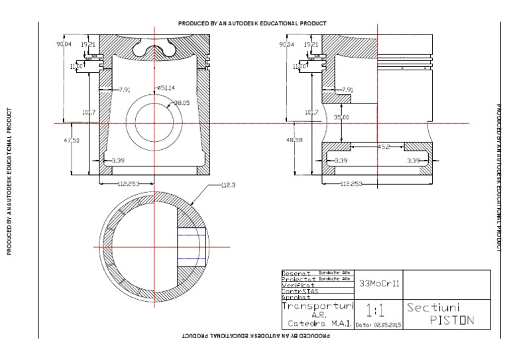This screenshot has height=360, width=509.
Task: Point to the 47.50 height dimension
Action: (72, 141)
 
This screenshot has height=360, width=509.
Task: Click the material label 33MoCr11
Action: (378, 283)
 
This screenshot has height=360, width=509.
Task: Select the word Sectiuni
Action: (433, 308)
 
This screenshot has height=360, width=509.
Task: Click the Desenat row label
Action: (296, 273)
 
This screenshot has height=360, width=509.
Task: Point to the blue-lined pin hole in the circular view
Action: (192, 247)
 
